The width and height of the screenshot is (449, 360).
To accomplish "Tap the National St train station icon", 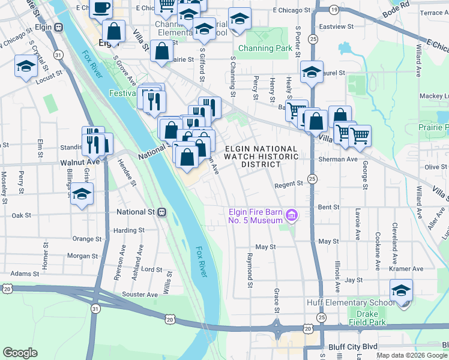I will (x=162, y=212).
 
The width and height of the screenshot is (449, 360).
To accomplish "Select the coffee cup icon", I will (x=100, y=8).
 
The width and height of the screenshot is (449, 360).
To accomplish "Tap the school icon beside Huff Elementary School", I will (x=401, y=291).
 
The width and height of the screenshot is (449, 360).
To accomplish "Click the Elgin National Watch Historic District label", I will (x=261, y=156).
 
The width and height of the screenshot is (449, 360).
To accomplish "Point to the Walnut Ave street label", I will (x=80, y=162).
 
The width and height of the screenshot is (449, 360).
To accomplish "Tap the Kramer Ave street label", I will (x=411, y=269).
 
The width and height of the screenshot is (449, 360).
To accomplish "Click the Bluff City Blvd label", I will (x=353, y=347).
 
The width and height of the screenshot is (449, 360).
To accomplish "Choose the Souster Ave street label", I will (x=139, y=294).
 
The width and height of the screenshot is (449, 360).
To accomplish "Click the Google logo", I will (x=20, y=353).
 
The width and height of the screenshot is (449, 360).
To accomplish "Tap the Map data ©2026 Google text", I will (x=412, y=355).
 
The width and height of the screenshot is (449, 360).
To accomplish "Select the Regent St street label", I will (x=288, y=185).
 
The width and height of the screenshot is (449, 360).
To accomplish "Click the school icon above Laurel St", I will (x=312, y=72).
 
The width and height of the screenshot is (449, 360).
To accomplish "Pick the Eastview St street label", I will (x=333, y=26).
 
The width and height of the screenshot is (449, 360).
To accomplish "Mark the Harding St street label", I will (x=129, y=230).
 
